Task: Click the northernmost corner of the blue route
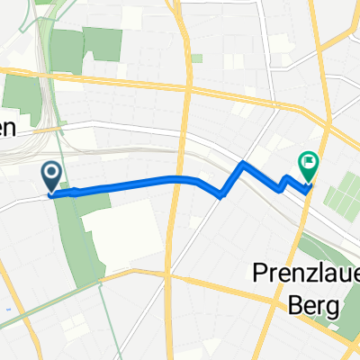pos(243,164)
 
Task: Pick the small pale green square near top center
pos(196,58)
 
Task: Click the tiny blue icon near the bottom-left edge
pos(6,311)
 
